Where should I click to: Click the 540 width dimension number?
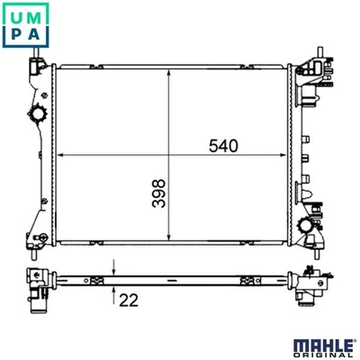click(x=223, y=146)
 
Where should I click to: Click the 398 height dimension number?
click(x=158, y=193)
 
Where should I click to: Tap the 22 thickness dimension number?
click(x=129, y=301)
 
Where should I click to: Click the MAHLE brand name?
click(x=323, y=346)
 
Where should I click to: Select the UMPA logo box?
click(x=25, y=25)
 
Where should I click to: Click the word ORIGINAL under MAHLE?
click(x=323, y=356)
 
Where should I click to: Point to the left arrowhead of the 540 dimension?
click(x=60, y=155)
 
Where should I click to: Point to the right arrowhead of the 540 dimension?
click(x=283, y=155)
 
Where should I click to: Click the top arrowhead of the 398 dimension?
click(x=169, y=74)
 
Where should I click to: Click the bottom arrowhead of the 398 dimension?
click(x=169, y=237)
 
